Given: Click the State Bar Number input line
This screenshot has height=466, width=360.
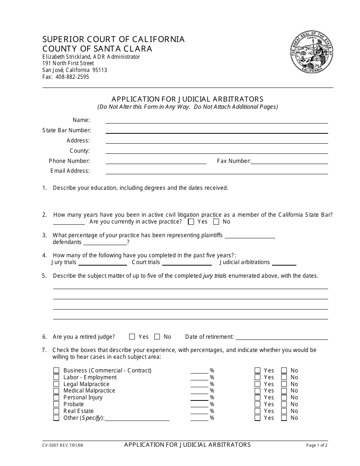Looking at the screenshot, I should (216, 131).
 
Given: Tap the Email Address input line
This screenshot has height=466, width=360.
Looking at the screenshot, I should (216, 171).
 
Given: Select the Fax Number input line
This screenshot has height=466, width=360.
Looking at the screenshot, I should (289, 161).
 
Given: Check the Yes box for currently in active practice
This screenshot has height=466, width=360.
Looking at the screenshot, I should (191, 222).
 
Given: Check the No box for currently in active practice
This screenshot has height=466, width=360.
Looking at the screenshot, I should (216, 222).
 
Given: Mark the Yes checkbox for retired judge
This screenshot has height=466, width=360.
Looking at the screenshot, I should (132, 337).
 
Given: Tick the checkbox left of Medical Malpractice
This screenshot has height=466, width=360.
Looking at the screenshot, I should (56, 391).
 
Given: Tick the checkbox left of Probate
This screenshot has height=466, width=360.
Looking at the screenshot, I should (56, 405).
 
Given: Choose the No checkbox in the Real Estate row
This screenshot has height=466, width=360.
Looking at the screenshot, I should (284, 411).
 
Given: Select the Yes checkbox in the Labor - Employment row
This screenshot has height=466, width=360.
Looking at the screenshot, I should (257, 378).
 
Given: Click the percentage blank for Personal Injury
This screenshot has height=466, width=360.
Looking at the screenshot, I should (199, 398).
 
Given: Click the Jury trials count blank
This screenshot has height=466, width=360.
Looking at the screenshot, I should (102, 263).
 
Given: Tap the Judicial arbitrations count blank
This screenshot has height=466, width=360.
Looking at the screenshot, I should (284, 263).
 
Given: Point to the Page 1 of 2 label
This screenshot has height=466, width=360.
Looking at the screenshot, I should (317, 446).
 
